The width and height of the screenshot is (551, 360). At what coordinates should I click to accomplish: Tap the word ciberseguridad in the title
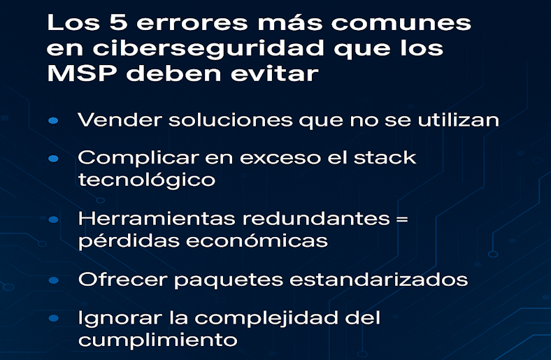point(208,48)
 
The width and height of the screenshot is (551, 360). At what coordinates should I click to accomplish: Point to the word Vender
point(120,120)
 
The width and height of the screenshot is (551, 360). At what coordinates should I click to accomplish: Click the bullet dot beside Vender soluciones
point(53,121)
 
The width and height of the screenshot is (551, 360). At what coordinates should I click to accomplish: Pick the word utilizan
point(458,120)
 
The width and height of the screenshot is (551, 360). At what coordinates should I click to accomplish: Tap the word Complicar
point(138,158)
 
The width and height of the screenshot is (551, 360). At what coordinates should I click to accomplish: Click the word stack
point(385,158)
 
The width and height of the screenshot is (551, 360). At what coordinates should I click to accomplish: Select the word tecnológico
point(147,180)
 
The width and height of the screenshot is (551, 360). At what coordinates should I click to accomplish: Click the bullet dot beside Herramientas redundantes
point(53,220)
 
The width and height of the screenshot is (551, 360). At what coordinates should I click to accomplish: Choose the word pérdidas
point(129,241)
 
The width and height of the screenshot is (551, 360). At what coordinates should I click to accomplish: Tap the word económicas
point(257,241)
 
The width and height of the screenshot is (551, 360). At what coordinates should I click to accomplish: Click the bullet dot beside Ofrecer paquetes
point(53,280)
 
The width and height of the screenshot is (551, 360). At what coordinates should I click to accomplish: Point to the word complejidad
point(266,318)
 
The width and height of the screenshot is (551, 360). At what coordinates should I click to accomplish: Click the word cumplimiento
point(158,340)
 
